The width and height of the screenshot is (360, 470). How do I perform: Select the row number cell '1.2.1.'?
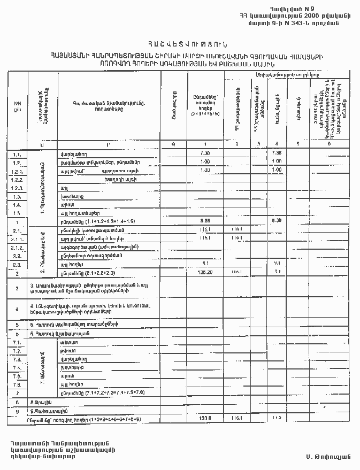click(x=16, y=171)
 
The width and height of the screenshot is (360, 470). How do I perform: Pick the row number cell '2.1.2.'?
click(x=16, y=247)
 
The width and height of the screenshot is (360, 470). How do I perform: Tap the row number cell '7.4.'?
click(x=17, y=368)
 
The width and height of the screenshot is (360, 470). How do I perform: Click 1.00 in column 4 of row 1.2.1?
click(x=277, y=170)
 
